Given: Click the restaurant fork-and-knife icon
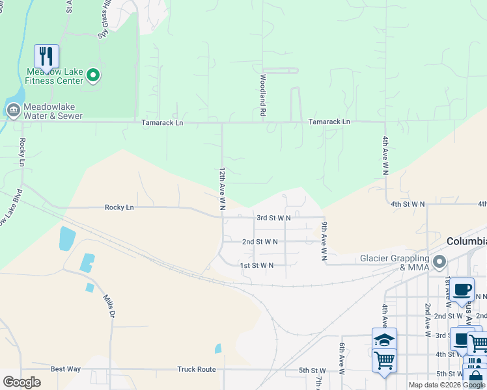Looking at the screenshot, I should [46, 57].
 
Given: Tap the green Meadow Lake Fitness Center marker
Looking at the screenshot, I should [93, 77].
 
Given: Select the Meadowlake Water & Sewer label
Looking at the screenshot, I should [53, 111].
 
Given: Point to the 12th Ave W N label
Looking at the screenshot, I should [222, 188].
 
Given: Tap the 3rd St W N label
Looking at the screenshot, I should [273, 218].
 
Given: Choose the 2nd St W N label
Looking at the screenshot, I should [260, 242].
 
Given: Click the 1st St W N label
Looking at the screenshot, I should [257, 265].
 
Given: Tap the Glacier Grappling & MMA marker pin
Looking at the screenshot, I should [440, 263].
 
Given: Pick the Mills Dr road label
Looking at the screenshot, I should [109, 305].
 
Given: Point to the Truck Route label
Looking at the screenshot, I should [196, 369].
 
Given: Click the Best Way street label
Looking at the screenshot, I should [66, 369].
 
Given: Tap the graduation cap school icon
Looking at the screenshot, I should [384, 339].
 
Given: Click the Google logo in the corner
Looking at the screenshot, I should [21, 382].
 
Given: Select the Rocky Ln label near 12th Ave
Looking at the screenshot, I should [119, 207].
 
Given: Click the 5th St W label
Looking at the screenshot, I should [313, 370].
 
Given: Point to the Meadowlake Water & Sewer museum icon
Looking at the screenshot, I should [13, 111].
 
